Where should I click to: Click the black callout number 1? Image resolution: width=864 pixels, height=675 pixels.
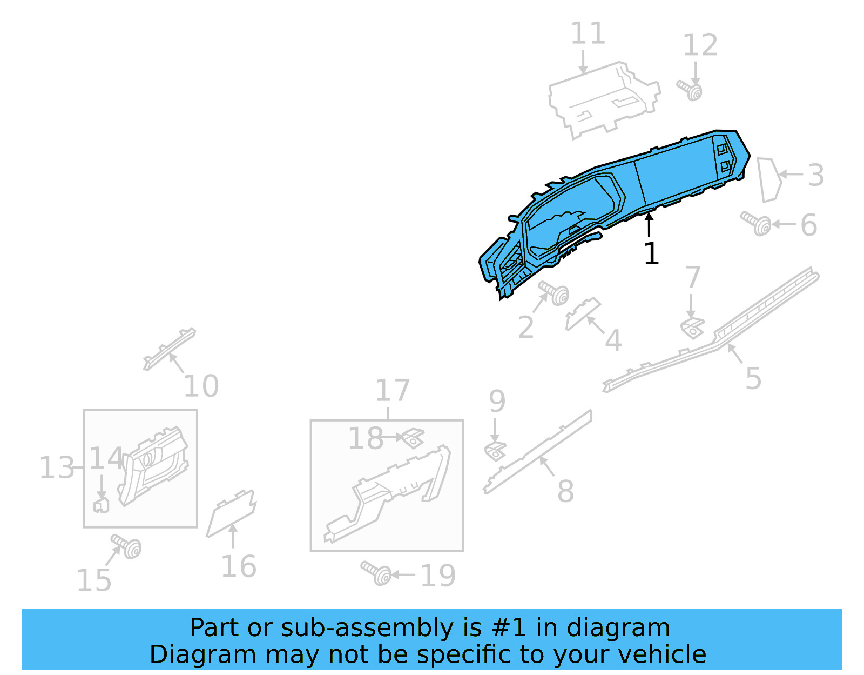coord(651,254)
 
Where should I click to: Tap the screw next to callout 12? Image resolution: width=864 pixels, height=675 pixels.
coord(690,90)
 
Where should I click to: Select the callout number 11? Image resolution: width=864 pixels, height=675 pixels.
coord(588,34)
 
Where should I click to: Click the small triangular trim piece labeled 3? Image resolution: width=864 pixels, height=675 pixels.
coord(769,180)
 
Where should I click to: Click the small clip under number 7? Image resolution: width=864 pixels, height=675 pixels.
coord(692,328)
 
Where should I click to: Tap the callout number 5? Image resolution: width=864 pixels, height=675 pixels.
coord(753,378)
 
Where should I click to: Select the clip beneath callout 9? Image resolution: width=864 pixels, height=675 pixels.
coord(495,451)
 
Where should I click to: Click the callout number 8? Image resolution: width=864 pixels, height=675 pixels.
coord(565,491)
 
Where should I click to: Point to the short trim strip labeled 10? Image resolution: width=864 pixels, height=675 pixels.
coord(169,349)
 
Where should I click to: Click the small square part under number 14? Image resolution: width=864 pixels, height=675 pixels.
coord(101,505)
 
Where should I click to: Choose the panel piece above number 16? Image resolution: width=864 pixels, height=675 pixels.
coord(232,513)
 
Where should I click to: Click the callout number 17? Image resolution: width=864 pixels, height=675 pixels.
coord(393,390)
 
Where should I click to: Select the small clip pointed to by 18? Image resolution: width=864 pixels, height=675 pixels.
coord(413,437)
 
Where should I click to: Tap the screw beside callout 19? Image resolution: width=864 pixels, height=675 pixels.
coord(377,573)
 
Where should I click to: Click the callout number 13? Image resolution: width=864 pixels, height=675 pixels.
coord(56,467)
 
